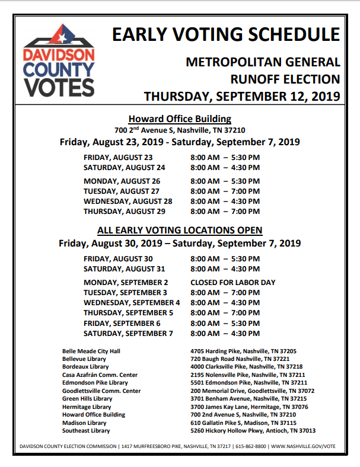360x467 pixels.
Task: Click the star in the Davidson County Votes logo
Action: pyautogui.click(x=59, y=37)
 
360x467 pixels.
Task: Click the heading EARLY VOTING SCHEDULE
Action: pyautogui.click(x=226, y=34)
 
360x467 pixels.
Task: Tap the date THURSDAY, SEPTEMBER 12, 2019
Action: pyautogui.click(x=242, y=95)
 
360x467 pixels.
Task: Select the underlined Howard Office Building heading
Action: pyautogui.click(x=180, y=119)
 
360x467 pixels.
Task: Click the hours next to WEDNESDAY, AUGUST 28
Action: pyautogui.click(x=225, y=201)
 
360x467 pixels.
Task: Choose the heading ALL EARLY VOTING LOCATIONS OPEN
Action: pyautogui.click(x=180, y=230)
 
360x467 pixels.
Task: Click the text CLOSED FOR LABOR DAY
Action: pyautogui.click(x=233, y=282)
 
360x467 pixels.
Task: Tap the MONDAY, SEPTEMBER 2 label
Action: pyautogui.click(x=126, y=282)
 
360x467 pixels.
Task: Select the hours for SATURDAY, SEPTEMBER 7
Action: pyautogui.click(x=225, y=333)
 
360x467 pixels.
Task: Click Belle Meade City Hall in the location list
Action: pyautogui.click(x=91, y=351)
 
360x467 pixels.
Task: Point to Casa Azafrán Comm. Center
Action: pyautogui.click(x=100, y=375)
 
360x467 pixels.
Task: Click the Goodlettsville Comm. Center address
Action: pyautogui.click(x=252, y=391)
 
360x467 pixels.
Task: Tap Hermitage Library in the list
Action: pyautogui.click(x=87, y=407)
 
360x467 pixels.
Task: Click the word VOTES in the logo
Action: pyautogui.click(x=59, y=87)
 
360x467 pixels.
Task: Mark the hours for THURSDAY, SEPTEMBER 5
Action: pyautogui.click(x=225, y=312)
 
